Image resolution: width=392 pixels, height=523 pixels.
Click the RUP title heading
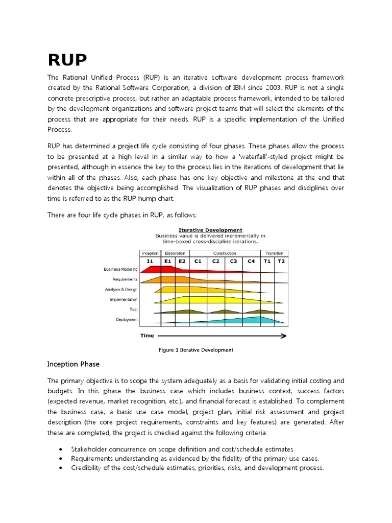click(67, 60)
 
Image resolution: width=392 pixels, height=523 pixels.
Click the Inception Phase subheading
click(73, 364)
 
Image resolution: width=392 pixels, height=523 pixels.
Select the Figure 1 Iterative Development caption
click(196, 350)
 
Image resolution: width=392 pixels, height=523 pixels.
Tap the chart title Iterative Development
click(210, 230)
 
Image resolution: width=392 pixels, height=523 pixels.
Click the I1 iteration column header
click(150, 261)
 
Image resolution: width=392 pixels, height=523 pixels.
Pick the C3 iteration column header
click(233, 261)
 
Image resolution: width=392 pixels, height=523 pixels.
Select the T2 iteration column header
click(281, 261)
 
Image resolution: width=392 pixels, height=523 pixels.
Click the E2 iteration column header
click(182, 261)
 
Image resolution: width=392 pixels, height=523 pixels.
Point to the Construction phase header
click(225, 253)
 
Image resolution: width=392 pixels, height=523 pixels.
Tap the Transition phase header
click(275, 253)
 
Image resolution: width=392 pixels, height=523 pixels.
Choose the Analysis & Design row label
click(121, 290)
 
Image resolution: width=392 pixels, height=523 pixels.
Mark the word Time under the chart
click(147, 336)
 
